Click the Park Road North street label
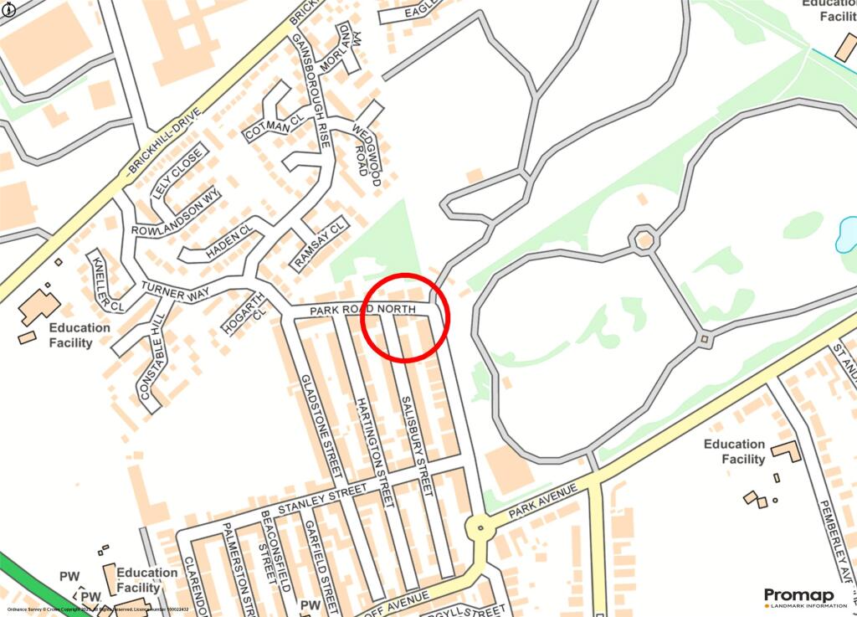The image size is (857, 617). [x=362, y=310]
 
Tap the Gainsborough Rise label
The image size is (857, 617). [x=310, y=91]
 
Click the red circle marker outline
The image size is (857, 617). [x=405, y=275]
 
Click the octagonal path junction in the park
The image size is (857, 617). [x=644, y=239]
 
